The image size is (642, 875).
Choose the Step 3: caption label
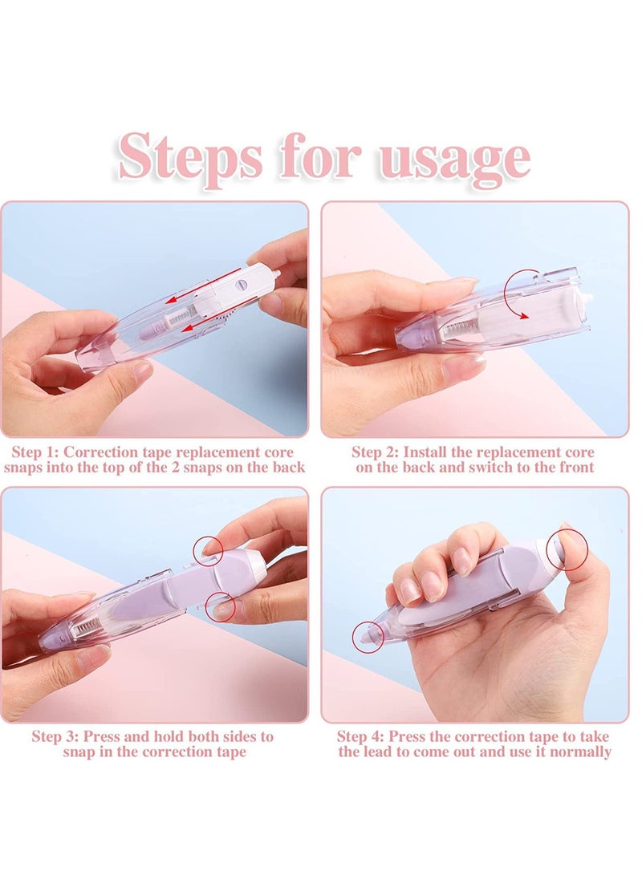click(57, 735)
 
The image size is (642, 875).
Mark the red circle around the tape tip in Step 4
click(368, 635)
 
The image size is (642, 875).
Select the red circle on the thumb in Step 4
click(567, 549)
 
